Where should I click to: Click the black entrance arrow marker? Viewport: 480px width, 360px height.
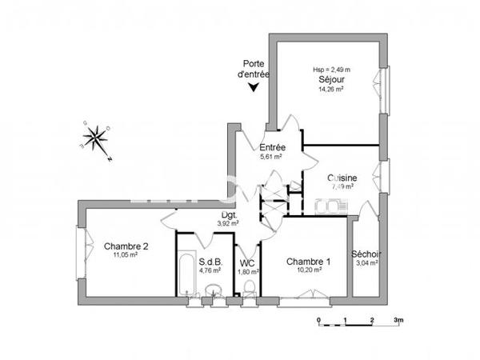pyautogui.click(x=254, y=87)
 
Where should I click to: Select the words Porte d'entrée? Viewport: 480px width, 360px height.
pyautogui.click(x=254, y=70)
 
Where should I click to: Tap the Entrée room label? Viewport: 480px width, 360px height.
pyautogui.click(x=272, y=148)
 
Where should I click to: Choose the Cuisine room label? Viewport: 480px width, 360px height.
pyautogui.click(x=342, y=178)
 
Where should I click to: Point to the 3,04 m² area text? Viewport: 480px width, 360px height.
pyautogui.click(x=366, y=262)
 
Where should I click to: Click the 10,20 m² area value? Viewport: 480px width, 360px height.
pyautogui.click(x=308, y=270)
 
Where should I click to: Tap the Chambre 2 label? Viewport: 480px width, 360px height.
pyautogui.click(x=126, y=246)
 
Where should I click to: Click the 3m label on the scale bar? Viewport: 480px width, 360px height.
pyautogui.click(x=398, y=320)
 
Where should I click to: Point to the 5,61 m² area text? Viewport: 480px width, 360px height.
pyautogui.click(x=272, y=157)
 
